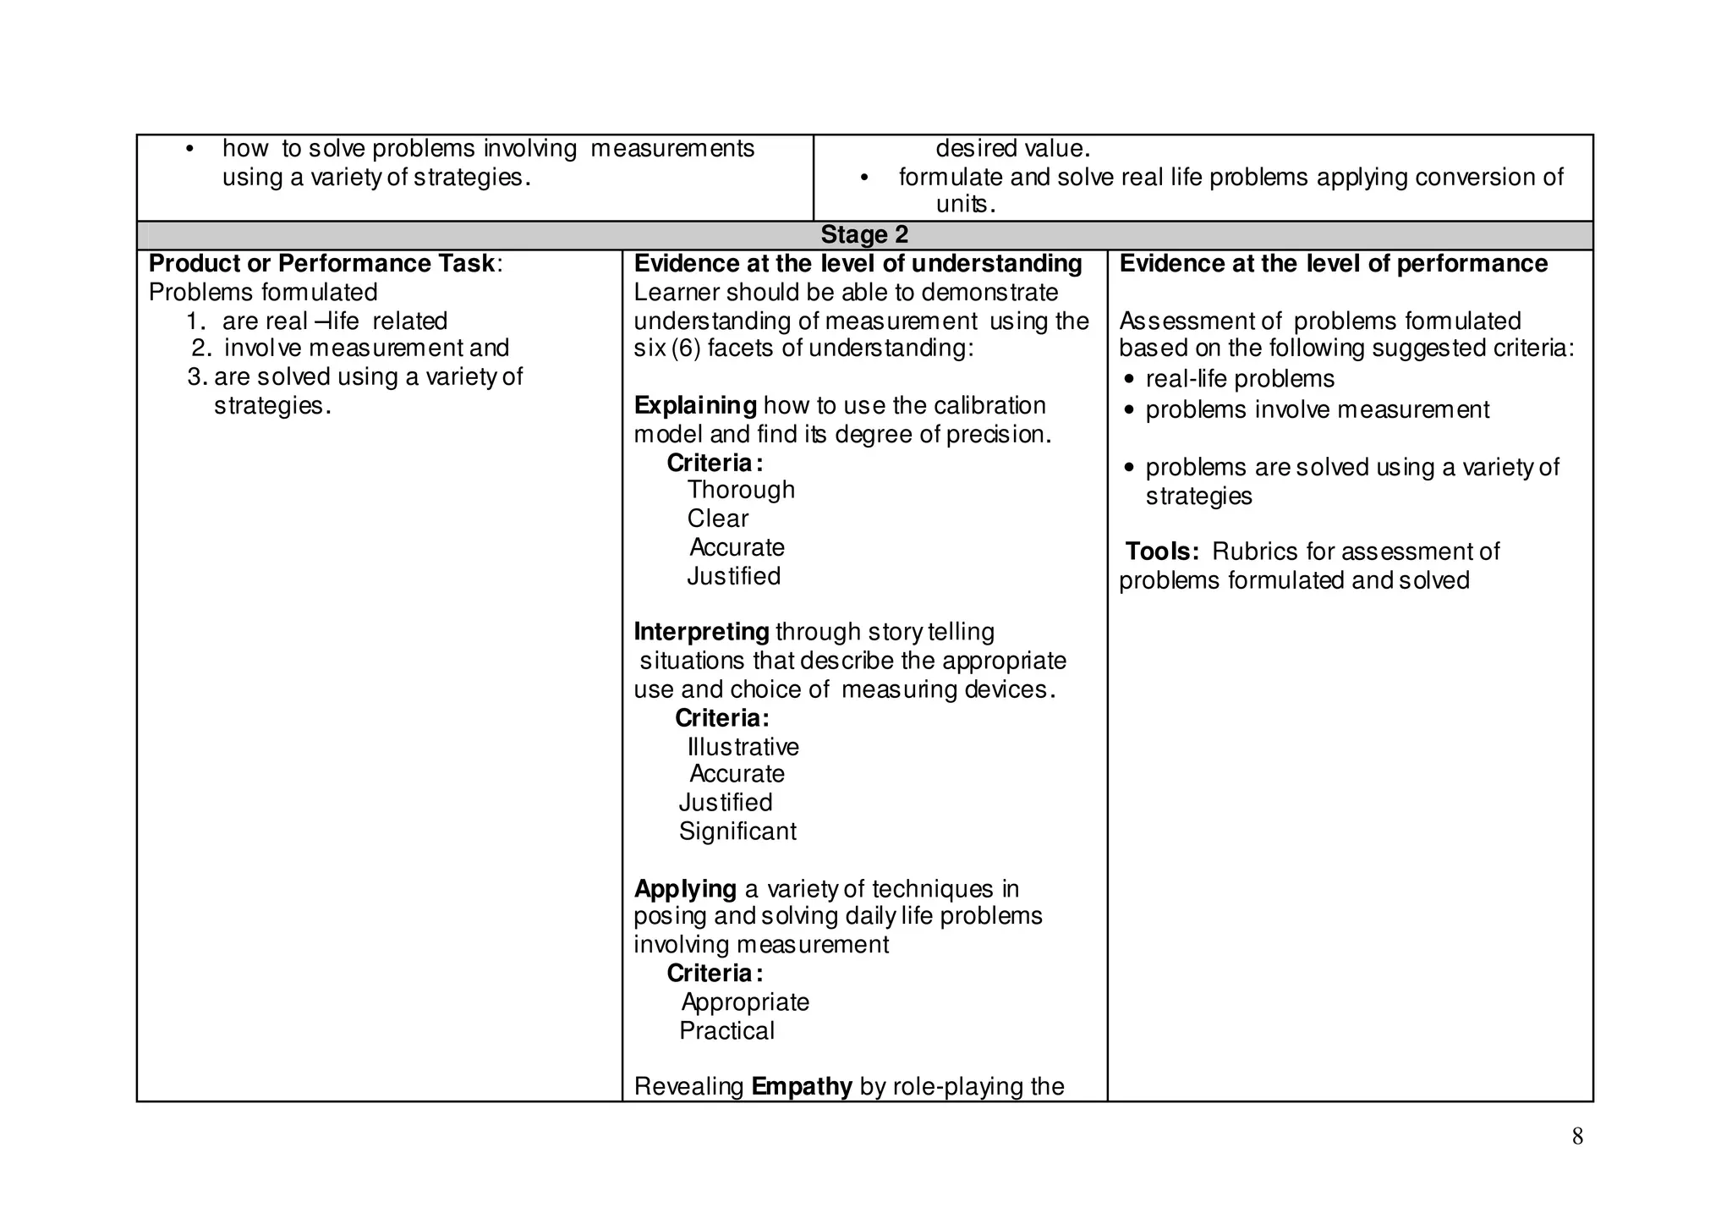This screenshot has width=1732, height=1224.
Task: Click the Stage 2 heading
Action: pos(864,235)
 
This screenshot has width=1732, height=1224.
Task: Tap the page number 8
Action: pos(1577,1137)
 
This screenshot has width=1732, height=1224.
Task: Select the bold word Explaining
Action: pos(695,406)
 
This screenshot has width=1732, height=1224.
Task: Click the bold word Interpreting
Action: pos(701,633)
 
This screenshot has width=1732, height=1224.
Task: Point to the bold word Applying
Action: pos(685,889)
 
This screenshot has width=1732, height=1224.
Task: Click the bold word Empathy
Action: pos(801,1086)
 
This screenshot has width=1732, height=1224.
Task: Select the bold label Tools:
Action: pos(1162,552)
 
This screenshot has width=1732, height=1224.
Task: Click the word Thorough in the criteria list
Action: pos(741,491)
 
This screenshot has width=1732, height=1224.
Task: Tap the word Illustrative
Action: pos(743,748)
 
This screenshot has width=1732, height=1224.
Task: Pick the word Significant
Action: pos(737,832)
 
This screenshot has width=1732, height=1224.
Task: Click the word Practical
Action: pos(726,1031)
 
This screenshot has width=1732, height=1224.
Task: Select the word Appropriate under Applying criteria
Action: pos(745,1002)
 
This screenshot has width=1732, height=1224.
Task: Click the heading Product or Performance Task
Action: pos(322,264)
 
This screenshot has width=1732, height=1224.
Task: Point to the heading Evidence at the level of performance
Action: pos(1333,264)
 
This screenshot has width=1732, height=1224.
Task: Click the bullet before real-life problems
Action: pos(1129,380)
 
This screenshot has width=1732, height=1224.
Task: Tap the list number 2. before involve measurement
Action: pos(201,349)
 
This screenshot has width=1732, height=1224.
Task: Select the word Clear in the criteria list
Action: pos(718,519)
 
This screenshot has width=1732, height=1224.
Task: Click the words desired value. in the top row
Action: pos(1012,149)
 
